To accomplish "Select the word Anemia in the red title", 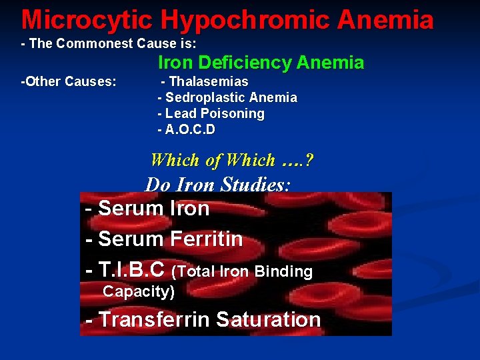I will tap(385, 20).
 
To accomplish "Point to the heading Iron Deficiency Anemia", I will tap(261, 63).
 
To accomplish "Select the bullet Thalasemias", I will tap(209, 82).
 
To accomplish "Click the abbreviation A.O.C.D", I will tap(189, 130).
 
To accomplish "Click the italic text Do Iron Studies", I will tap(217, 185).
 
